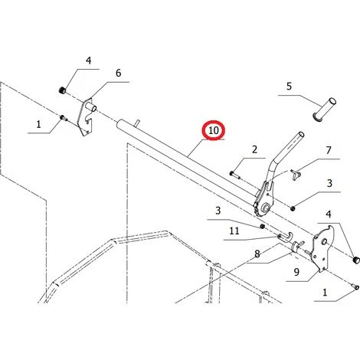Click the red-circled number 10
(x=214, y=131)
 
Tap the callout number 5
(x=289, y=87)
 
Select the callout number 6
(x=118, y=73)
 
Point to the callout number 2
(x=254, y=149)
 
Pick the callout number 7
(x=329, y=150)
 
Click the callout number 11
(x=234, y=231)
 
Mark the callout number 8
(x=257, y=254)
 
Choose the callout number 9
(x=296, y=272)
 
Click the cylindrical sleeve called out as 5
(x=324, y=110)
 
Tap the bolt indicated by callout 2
(x=235, y=175)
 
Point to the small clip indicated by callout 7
(x=296, y=175)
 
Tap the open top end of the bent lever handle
(x=301, y=134)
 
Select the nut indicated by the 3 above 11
(x=262, y=226)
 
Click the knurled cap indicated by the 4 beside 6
(x=62, y=90)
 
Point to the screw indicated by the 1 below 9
(x=355, y=287)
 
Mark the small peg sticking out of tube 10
(x=138, y=123)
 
